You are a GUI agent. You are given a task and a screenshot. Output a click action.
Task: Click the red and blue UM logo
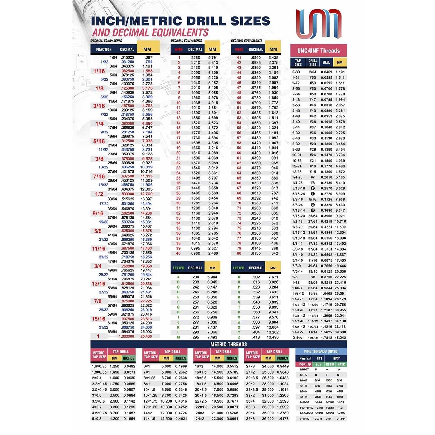coord(318,24)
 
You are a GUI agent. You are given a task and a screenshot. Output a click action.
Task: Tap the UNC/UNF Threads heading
coord(318,51)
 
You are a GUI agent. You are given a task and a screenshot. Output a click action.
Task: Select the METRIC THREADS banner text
coord(229,344)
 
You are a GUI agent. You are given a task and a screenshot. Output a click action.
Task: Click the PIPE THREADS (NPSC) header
coord(321,351)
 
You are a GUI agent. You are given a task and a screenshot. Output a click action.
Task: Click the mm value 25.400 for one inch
coord(146,336)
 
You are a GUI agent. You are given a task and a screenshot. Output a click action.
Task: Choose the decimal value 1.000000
coord(126,336)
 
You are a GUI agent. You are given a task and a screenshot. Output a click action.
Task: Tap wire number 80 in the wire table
coord(239,253)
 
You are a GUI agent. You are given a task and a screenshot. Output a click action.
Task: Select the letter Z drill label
coord(239,337)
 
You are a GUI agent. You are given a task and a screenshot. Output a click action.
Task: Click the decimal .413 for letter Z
coord(256,337)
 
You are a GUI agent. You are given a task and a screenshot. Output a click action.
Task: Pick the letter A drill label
coord(178,277)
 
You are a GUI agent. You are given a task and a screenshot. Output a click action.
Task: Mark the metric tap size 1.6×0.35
coord(99,366)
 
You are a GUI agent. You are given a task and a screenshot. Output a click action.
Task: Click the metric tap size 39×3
coord(251,419)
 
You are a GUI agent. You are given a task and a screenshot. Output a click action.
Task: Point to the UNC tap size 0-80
coord(296,72)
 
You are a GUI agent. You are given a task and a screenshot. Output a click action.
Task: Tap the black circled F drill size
coord(313,188)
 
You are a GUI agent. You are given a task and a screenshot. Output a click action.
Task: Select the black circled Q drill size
coord(313,205)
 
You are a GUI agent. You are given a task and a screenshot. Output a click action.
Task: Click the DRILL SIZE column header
coord(313,62)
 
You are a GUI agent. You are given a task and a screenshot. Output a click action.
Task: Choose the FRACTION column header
coord(104,50)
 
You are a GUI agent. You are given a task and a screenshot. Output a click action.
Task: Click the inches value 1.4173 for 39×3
coord(282,419)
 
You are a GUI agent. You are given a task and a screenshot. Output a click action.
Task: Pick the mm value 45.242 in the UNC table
coord(340,338)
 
